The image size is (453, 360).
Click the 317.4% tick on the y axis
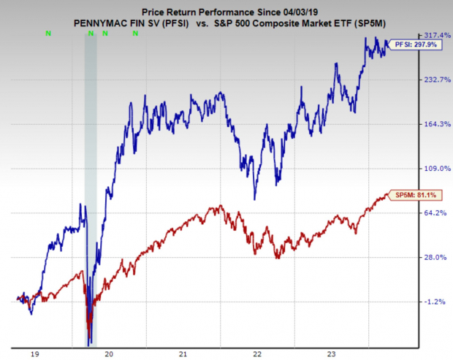coord(437,35)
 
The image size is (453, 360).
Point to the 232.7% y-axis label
coord(437,80)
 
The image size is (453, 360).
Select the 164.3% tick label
coord(437,124)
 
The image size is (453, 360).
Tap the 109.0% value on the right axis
coord(437,169)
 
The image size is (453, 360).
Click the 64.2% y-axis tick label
coord(437,212)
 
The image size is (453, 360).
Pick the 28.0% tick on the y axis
coord(437,257)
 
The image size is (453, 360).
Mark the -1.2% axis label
coord(437,302)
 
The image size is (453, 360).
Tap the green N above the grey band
coord(91,34)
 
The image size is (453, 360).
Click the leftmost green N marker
coord(48,34)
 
